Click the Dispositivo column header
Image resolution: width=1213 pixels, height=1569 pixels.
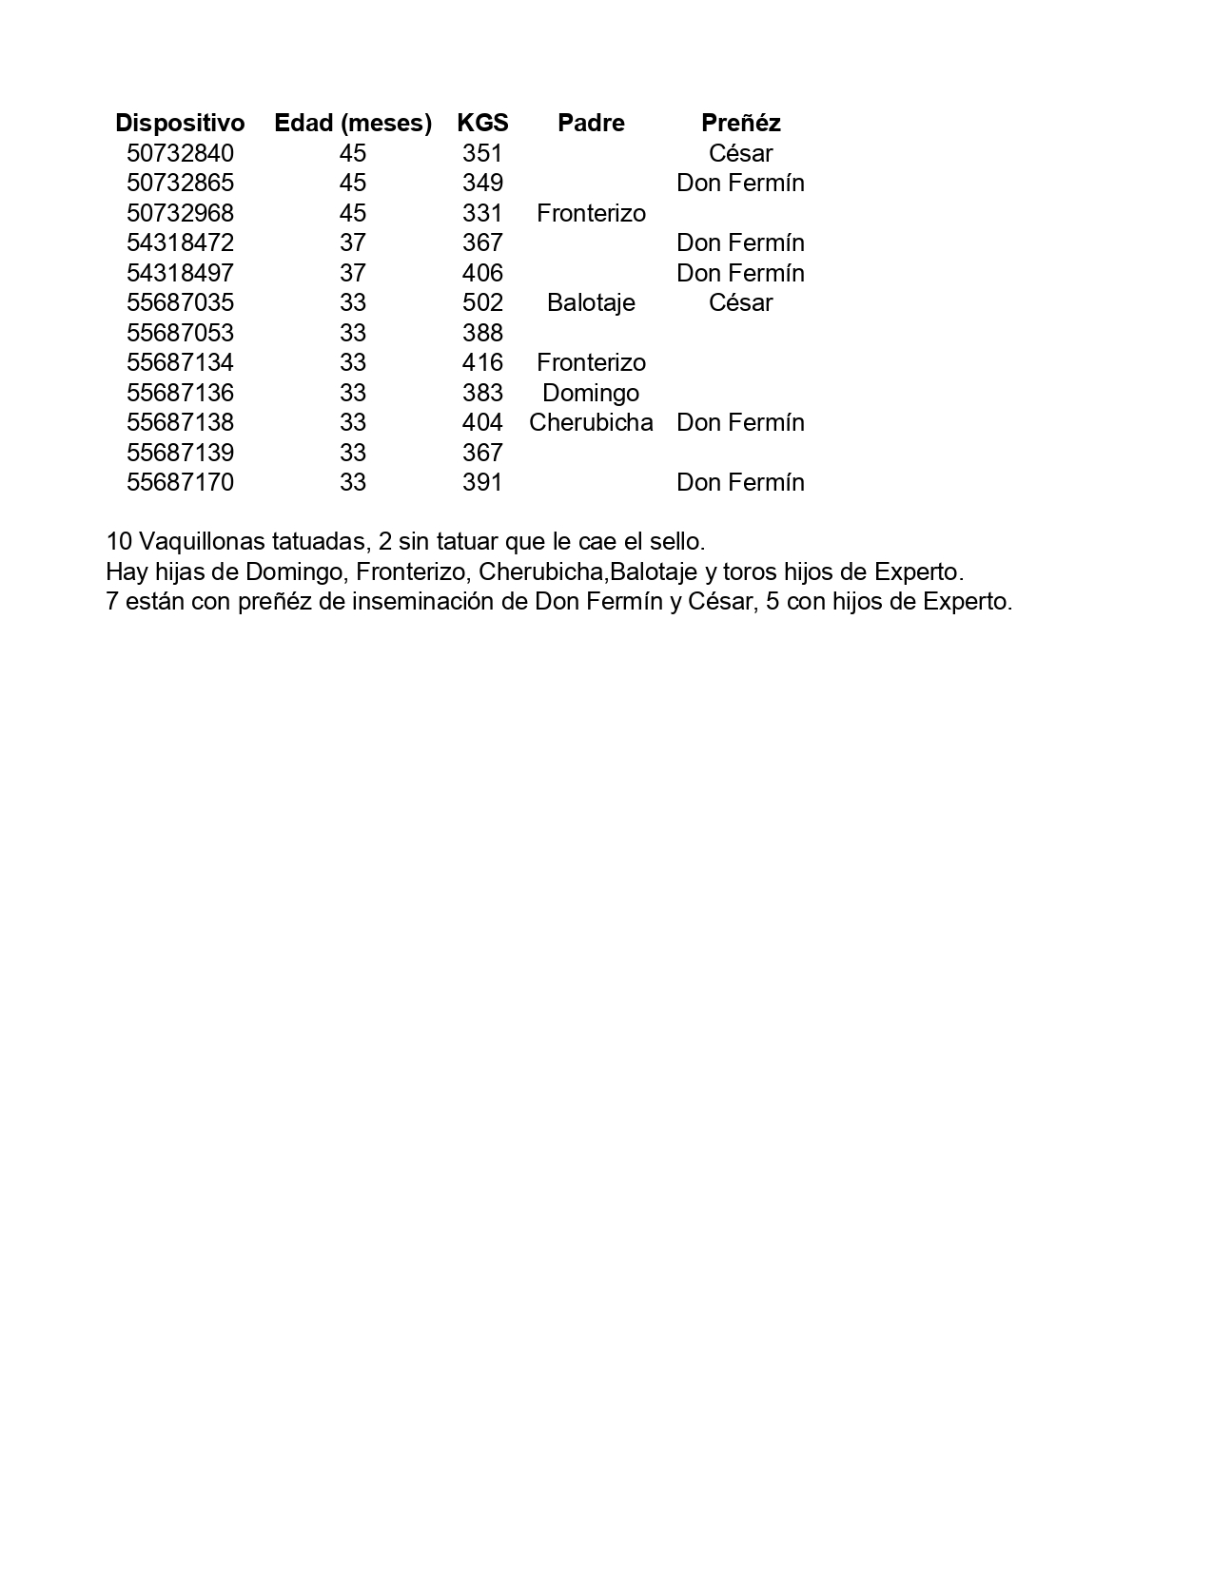tap(180, 123)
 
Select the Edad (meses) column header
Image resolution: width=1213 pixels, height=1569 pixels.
tap(353, 123)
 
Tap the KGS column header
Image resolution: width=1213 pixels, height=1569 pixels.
tap(482, 123)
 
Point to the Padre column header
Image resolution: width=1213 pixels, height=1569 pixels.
tap(591, 123)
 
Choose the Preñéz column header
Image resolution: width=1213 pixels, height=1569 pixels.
tap(740, 123)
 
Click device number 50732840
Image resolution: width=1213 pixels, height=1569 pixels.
tap(180, 153)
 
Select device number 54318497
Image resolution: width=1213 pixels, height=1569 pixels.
tap(180, 273)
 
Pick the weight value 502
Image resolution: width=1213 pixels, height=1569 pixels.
tap(482, 302)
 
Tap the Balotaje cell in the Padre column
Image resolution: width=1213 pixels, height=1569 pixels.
tap(591, 302)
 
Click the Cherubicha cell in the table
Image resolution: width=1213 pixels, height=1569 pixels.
tap(591, 422)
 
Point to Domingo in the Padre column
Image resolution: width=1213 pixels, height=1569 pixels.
tap(591, 393)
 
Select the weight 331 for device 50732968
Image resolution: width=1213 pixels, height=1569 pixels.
tap(482, 213)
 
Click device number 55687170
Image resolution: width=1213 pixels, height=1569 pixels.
tap(180, 482)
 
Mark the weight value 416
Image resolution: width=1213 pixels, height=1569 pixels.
tap(482, 362)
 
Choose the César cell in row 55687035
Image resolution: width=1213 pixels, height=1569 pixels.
tap(740, 302)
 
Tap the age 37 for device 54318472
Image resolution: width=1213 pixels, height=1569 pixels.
tap(353, 242)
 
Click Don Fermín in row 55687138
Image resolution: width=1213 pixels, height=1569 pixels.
tap(740, 422)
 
